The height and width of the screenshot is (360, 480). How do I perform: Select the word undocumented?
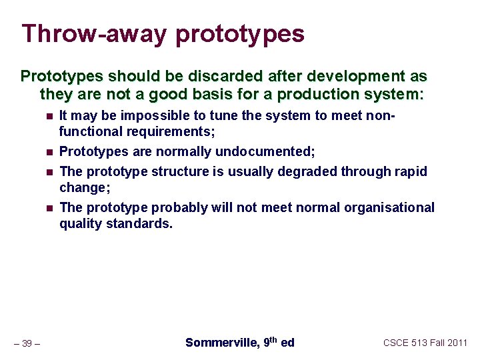point(271,151)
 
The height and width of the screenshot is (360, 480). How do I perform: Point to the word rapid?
point(412,171)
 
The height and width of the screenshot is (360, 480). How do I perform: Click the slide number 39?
point(27,343)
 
